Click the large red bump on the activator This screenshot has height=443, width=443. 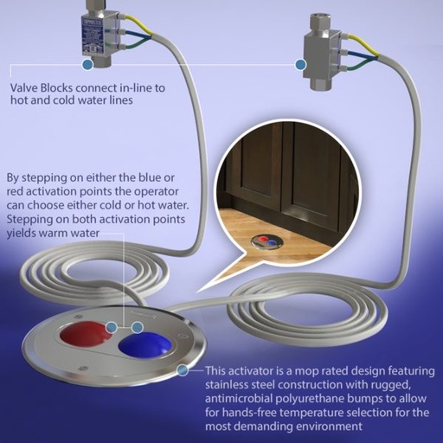86,334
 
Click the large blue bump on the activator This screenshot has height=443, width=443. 144,345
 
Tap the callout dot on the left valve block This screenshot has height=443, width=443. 87,65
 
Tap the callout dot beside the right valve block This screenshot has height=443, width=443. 300,64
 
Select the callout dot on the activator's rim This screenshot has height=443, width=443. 182,370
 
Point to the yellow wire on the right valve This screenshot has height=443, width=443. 361,45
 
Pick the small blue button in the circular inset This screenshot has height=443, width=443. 271,243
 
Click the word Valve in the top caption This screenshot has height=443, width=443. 24,87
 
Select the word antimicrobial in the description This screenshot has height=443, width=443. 239,398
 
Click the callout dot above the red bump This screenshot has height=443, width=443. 112,327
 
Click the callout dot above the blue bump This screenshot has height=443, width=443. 138,327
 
